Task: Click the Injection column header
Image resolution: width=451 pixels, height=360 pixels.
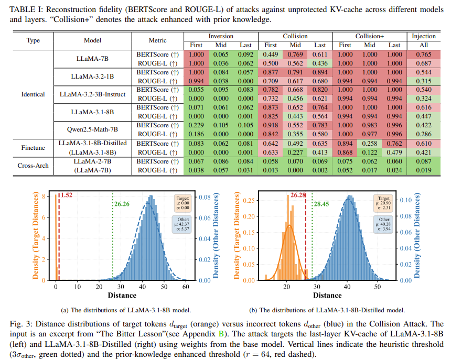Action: pyautogui.click(x=423, y=36)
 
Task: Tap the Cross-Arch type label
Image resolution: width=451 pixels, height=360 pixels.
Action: pyautogui.click(x=33, y=165)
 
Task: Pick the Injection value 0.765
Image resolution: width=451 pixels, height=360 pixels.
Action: pyautogui.click(x=423, y=54)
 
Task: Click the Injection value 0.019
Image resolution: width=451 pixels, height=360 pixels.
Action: pyautogui.click(x=423, y=170)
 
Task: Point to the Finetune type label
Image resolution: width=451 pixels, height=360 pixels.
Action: pyautogui.click(x=33, y=147)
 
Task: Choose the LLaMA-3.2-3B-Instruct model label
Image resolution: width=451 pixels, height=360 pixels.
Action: pyautogui.click(x=92, y=94)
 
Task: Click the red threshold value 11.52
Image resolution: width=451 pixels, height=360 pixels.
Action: pyautogui.click(x=66, y=196)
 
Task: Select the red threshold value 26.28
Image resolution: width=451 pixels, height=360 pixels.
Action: pyautogui.click(x=297, y=196)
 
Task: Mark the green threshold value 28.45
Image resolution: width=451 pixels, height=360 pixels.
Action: pyautogui.click(x=320, y=204)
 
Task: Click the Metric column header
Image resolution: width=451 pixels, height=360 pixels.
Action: pyautogui.click(x=157, y=40)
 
